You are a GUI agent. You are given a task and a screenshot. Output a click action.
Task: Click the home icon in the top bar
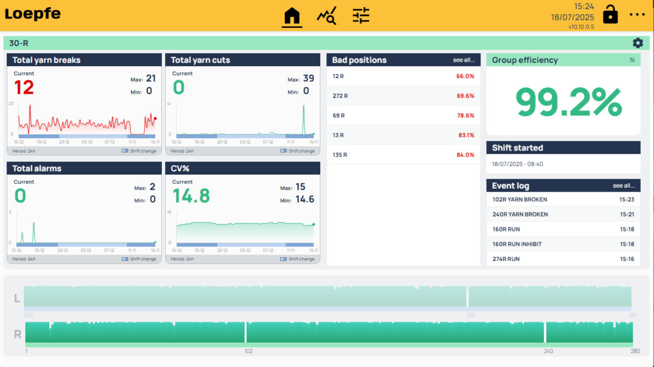coord(292,17)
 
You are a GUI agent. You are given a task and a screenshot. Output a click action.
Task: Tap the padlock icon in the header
coord(610,14)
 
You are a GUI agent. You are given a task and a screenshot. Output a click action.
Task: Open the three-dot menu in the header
coord(637,15)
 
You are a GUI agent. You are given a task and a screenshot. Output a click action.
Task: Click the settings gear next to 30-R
coord(638,43)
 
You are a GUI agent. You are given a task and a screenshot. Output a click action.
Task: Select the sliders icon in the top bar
coord(361,16)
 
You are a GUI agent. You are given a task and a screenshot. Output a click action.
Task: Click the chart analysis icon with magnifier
coord(326,17)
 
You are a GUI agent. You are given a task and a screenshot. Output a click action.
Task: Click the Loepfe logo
coord(33,14)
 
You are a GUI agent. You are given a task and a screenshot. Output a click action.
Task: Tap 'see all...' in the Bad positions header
coord(464,60)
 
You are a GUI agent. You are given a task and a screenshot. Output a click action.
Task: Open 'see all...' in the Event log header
coord(624,185)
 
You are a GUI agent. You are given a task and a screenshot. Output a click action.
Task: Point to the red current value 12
coord(24,88)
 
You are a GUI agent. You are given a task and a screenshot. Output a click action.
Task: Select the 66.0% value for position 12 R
coord(465,76)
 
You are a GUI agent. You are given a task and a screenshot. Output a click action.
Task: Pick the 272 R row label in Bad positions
coord(340,96)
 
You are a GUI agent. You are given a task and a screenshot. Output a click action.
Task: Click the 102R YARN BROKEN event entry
coord(519,199)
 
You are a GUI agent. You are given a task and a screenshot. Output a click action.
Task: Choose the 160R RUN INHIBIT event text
coord(517,244)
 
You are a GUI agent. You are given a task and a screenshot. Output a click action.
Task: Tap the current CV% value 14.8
coord(191,196)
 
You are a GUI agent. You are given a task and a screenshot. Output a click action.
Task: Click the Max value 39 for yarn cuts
coord(308,78)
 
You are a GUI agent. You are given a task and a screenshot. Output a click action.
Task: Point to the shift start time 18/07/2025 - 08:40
coord(518,164)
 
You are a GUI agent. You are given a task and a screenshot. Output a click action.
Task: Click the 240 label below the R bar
coord(548,351)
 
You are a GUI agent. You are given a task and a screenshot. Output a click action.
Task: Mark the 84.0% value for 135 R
coord(465,155)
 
